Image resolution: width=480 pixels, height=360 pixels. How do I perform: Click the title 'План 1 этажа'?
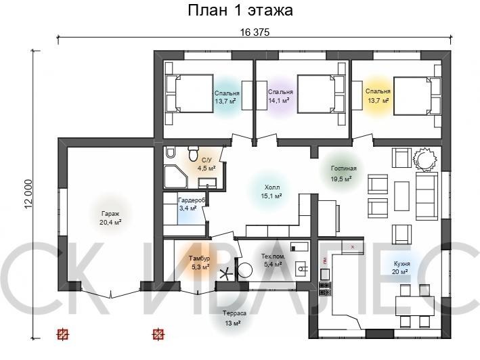pyautogui.click(x=240, y=10)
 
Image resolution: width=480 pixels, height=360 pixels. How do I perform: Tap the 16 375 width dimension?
pyautogui.click(x=255, y=32)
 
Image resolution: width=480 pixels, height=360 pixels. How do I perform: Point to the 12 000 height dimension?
pyautogui.click(x=28, y=194)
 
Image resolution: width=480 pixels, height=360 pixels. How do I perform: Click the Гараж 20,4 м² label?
pyautogui.click(x=110, y=218)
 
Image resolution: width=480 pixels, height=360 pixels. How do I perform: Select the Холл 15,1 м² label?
pyautogui.click(x=271, y=192)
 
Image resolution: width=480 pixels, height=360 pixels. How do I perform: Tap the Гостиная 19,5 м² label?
pyautogui.click(x=343, y=173)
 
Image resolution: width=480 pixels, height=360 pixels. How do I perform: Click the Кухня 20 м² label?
pyautogui.click(x=401, y=267)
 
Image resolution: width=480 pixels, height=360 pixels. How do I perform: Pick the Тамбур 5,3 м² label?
pyautogui.click(x=200, y=263)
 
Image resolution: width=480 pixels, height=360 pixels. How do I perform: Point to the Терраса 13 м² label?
pyautogui.click(x=234, y=318)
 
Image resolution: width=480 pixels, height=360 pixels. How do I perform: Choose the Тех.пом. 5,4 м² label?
pyautogui.click(x=273, y=260)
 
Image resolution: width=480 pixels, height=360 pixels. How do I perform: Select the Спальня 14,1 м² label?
pyautogui.click(x=280, y=95)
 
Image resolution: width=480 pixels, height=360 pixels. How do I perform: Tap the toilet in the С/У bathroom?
pyautogui.click(x=193, y=154)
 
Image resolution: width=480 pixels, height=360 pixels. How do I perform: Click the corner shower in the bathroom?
pyautogui.click(x=175, y=177)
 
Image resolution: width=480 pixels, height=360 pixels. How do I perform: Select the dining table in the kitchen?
pyautogui.click(x=415, y=306)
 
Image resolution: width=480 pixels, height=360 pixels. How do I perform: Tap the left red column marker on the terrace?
pyautogui.click(x=63, y=334)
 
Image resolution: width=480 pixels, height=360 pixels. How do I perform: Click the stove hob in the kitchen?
pyautogui.click(x=325, y=289)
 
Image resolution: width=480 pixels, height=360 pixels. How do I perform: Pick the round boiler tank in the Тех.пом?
pyautogui.click(x=245, y=271)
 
